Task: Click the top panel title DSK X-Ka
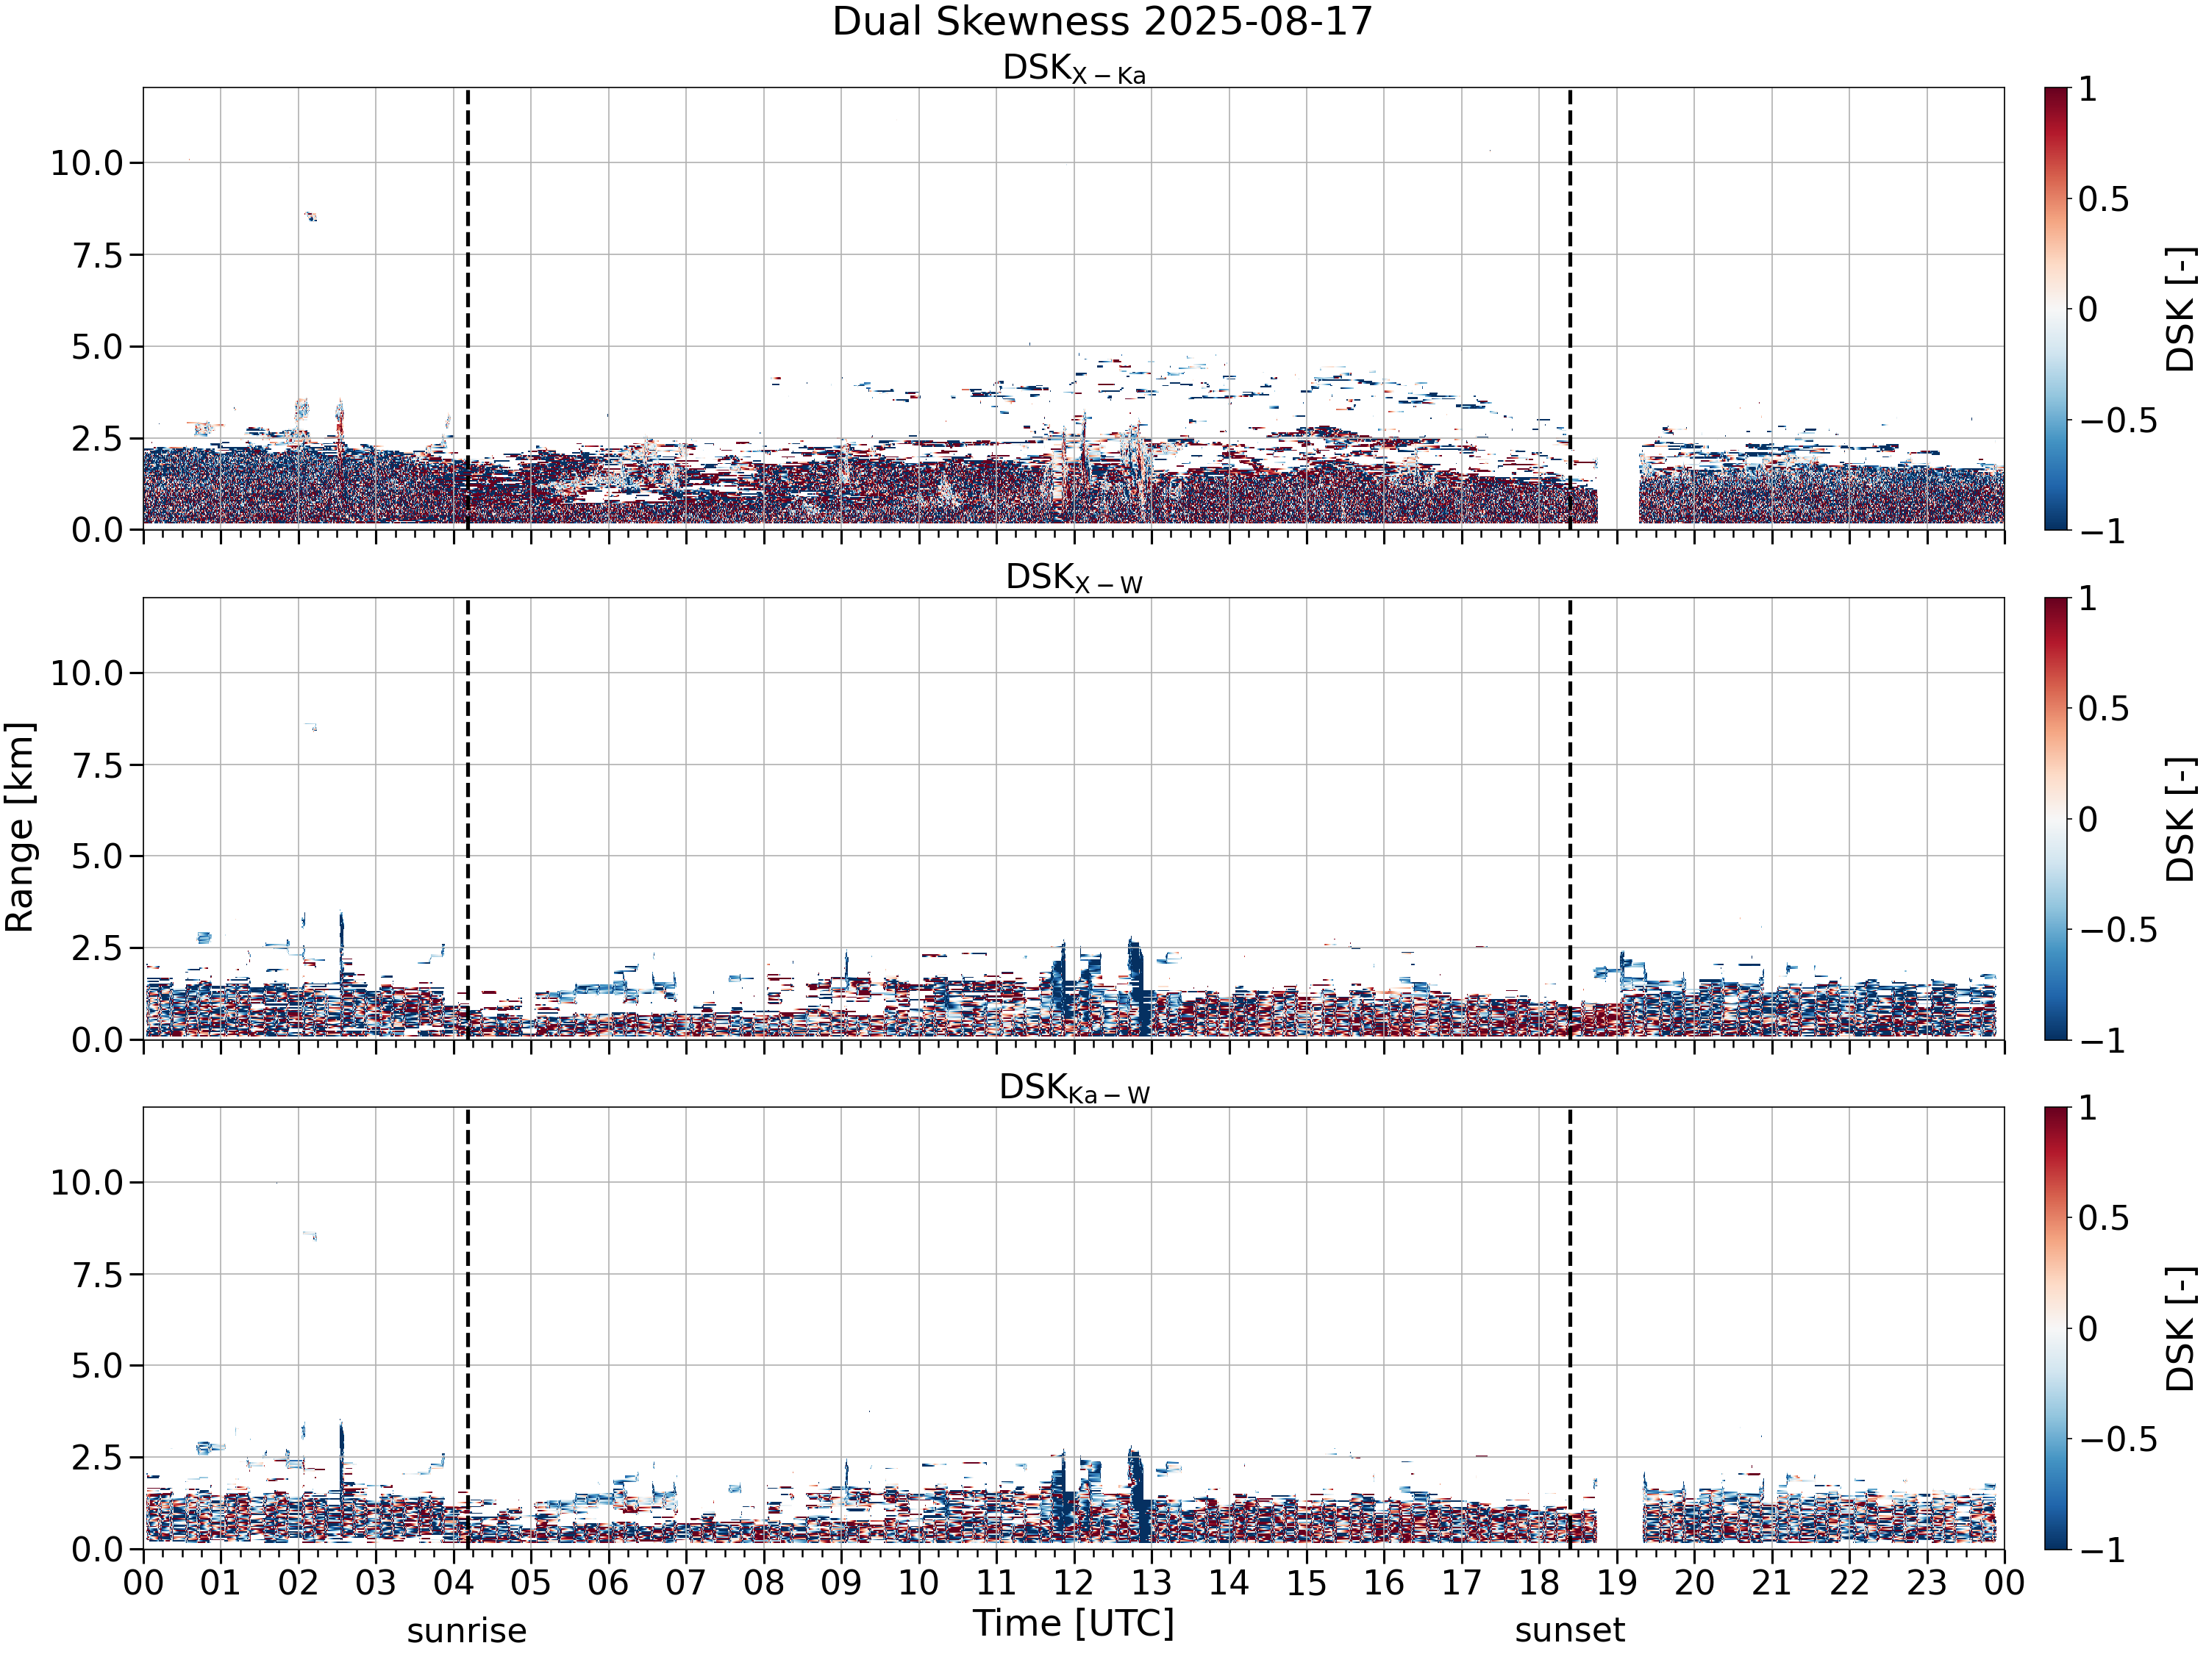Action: click(x=1074, y=69)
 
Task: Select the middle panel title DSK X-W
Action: click(x=1074, y=579)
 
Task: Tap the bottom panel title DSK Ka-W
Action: click(x=1074, y=1088)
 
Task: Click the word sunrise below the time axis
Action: click(x=467, y=1630)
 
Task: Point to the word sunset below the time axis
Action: click(x=1570, y=1630)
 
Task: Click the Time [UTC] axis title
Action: click(x=1074, y=1623)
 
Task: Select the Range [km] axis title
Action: click(x=20, y=828)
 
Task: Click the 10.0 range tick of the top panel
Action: click(x=87, y=162)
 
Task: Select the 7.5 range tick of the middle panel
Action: click(x=97, y=766)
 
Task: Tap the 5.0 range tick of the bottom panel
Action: click(x=97, y=1366)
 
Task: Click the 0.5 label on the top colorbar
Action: click(x=2103, y=199)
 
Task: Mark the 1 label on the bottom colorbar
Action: click(x=2088, y=1108)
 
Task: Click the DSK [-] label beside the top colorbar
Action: click(x=2181, y=309)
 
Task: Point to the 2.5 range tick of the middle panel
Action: click(x=97, y=948)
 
